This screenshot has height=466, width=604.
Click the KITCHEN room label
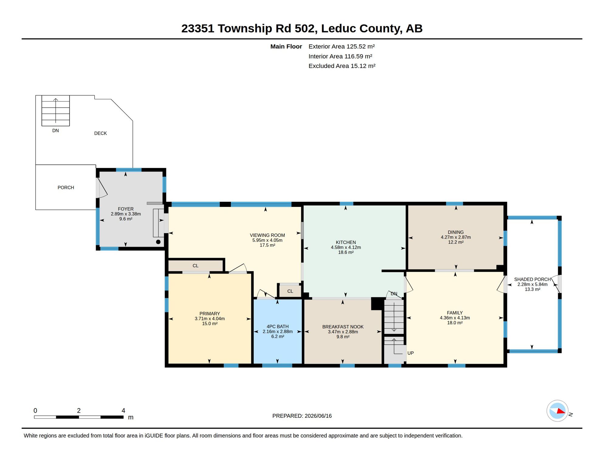tap(346, 242)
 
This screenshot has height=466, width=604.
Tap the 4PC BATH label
tap(277, 326)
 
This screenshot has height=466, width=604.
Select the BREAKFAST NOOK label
tap(343, 327)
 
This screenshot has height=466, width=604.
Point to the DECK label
tap(101, 133)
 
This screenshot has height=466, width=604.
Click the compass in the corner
tap(558, 411)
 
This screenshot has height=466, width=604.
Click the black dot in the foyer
tap(158, 242)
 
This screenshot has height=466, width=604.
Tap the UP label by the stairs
tap(410, 353)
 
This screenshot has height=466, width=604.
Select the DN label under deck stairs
tap(55, 130)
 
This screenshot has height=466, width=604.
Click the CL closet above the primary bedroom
tap(195, 266)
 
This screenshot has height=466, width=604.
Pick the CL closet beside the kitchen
tap(290, 291)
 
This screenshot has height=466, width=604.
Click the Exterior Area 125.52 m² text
tap(341, 46)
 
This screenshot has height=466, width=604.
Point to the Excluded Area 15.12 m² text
tap(342, 66)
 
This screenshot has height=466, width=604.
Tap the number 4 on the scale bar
tap(123, 410)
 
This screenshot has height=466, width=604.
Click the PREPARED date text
tap(302, 416)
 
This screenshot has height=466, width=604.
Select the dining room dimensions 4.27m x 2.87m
tap(456, 237)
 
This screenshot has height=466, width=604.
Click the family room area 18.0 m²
tap(455, 323)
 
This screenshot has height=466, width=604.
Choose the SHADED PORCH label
tap(532, 279)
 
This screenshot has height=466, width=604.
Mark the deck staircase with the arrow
tap(56, 111)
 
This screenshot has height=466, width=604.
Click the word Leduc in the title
tap(338, 29)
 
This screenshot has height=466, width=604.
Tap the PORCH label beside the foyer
tap(66, 187)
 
